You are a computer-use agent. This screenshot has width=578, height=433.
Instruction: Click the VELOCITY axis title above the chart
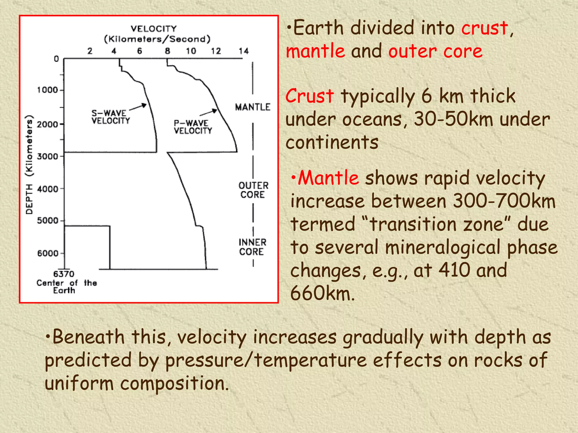coord(154,29)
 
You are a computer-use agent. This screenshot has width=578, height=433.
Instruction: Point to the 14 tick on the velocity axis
coord(244,51)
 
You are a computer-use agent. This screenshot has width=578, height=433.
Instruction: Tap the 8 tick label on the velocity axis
coord(167,51)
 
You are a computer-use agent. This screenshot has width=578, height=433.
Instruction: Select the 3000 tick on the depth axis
coord(47,156)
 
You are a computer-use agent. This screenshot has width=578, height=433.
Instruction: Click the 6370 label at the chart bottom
coord(64,274)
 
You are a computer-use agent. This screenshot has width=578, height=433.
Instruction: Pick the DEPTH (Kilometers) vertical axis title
coord(29,165)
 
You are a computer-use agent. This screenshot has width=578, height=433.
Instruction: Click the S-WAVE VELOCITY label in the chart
coord(111,117)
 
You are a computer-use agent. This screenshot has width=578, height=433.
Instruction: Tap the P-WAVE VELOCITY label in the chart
coord(193,127)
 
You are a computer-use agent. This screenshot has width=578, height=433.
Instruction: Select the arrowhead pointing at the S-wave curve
coord(144,105)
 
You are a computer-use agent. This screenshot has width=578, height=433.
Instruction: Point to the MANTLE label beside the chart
coord(253,107)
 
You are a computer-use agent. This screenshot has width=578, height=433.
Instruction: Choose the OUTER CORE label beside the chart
coord(253,190)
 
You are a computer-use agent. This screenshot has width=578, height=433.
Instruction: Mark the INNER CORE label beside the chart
coord(252,247)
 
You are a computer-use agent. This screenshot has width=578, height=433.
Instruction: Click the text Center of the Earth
coord(66,286)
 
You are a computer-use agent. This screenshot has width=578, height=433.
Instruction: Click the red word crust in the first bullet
coord(485,28)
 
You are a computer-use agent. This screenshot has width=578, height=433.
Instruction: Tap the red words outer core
coord(435,52)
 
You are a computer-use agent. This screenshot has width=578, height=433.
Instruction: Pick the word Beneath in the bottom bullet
coord(88,337)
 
